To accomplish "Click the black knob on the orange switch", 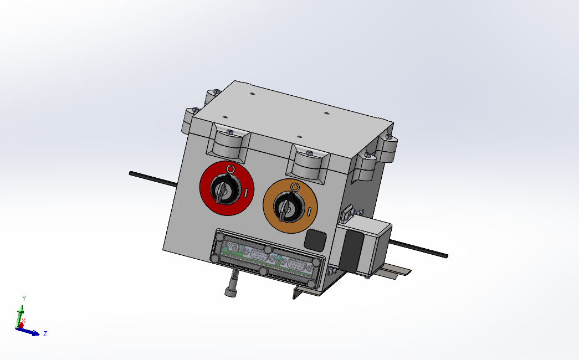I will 289,206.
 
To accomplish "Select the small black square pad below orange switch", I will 315,239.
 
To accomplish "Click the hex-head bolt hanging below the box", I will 231,291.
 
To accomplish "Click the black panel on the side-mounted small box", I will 351,249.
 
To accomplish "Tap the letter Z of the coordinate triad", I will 45,333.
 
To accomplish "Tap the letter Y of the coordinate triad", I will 24,299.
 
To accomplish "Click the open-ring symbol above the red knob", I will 230,169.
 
